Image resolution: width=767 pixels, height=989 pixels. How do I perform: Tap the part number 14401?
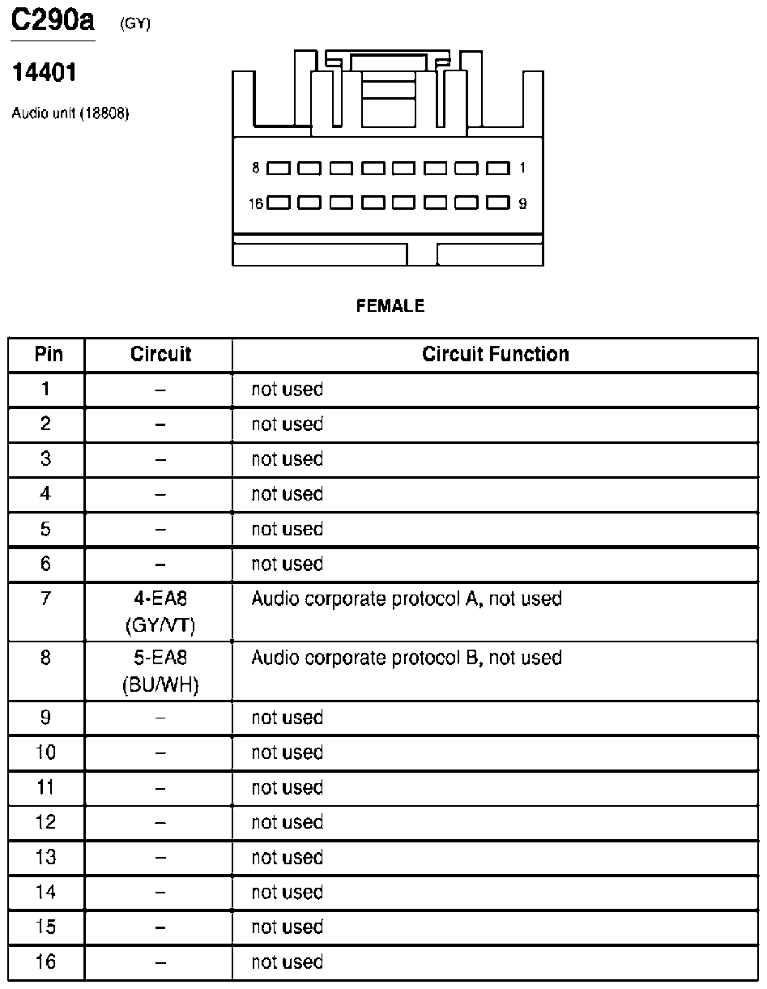pyautogui.click(x=45, y=74)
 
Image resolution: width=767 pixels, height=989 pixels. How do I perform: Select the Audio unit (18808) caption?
pyautogui.click(x=70, y=113)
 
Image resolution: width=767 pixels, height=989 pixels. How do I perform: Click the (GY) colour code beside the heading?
pyautogui.click(x=135, y=24)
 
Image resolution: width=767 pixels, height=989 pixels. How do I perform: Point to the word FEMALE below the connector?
pyautogui.click(x=390, y=306)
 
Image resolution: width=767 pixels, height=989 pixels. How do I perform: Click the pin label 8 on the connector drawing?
pyautogui.click(x=256, y=168)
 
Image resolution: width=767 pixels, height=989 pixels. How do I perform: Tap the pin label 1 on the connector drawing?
pyautogui.click(x=522, y=168)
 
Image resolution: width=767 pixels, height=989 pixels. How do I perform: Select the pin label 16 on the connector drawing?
pyautogui.click(x=256, y=203)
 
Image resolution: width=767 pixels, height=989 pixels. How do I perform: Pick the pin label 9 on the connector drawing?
pyautogui.click(x=522, y=203)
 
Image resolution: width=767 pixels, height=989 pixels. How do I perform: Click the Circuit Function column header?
pyautogui.click(x=496, y=355)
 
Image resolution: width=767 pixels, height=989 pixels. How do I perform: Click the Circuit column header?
pyautogui.click(x=160, y=355)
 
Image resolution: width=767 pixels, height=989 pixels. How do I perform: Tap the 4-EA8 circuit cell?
pyautogui.click(x=160, y=599)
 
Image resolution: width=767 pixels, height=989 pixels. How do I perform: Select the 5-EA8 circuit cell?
pyautogui.click(x=160, y=658)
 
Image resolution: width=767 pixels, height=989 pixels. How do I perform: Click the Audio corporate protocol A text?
pyautogui.click(x=406, y=599)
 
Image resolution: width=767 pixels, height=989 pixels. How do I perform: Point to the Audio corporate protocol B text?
pyautogui.click(x=406, y=658)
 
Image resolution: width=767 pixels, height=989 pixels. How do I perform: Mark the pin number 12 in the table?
pyautogui.click(x=46, y=823)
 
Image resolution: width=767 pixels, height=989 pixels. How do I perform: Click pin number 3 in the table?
pyautogui.click(x=46, y=459)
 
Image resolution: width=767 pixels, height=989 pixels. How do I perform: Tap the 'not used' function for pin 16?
pyautogui.click(x=287, y=962)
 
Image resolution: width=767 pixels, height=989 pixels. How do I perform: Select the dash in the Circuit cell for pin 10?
pyautogui.click(x=160, y=753)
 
